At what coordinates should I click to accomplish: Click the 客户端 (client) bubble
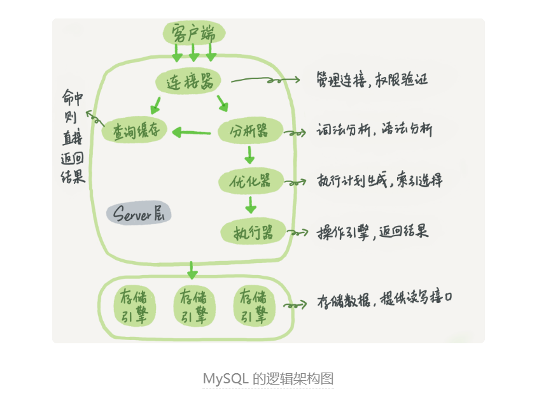click(x=194, y=33)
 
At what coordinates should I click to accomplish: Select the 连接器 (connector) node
click(x=188, y=81)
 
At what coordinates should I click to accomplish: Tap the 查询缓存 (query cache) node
click(x=134, y=131)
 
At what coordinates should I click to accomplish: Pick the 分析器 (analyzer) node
click(x=250, y=131)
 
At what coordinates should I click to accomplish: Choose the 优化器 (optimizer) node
click(x=251, y=181)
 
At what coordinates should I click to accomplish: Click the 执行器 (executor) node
click(x=253, y=232)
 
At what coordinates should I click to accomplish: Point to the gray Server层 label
click(x=139, y=213)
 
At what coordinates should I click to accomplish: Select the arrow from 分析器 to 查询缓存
click(x=192, y=132)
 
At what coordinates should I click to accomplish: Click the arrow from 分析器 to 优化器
click(x=249, y=155)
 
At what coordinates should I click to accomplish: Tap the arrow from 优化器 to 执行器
click(x=251, y=205)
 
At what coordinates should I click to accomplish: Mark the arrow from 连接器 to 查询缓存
click(x=155, y=105)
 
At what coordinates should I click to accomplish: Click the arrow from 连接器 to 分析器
click(x=223, y=103)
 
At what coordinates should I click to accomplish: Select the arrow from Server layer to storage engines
click(x=192, y=271)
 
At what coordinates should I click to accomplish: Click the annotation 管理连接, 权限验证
click(x=372, y=80)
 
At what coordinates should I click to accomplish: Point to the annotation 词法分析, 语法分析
click(x=374, y=130)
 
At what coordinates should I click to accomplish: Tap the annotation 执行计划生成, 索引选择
click(x=380, y=180)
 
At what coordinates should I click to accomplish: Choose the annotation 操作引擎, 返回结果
click(x=373, y=232)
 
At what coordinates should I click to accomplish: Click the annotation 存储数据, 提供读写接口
click(x=385, y=298)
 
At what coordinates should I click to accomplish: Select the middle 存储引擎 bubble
click(x=194, y=306)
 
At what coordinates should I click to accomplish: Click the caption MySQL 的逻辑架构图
click(x=268, y=379)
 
